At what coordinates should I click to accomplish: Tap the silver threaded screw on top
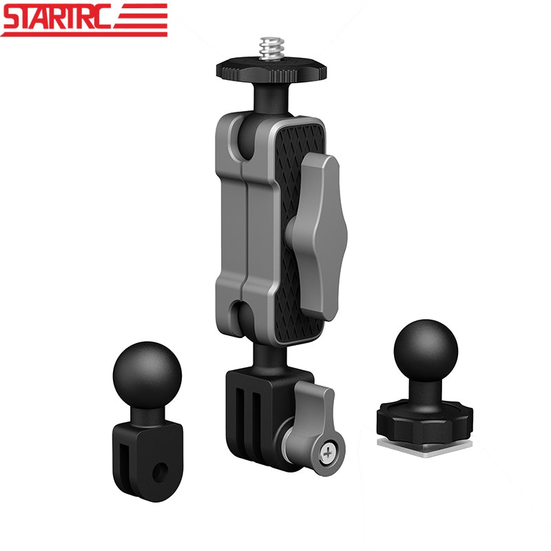click(x=271, y=49)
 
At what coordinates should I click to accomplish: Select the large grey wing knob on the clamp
click(x=317, y=236)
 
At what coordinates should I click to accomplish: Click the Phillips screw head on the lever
click(x=327, y=453)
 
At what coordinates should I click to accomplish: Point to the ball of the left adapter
click(x=147, y=375)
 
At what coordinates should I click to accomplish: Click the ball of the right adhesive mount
click(x=426, y=351)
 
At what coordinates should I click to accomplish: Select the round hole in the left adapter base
click(x=160, y=472)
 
